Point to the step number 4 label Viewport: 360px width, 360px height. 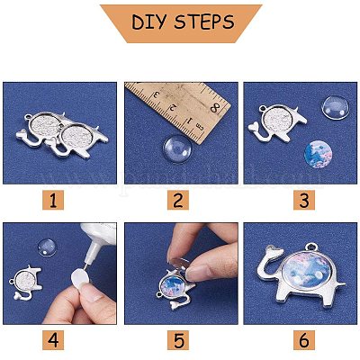point(59,341)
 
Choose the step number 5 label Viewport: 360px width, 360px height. point(180,341)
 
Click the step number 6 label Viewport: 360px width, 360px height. point(301,341)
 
